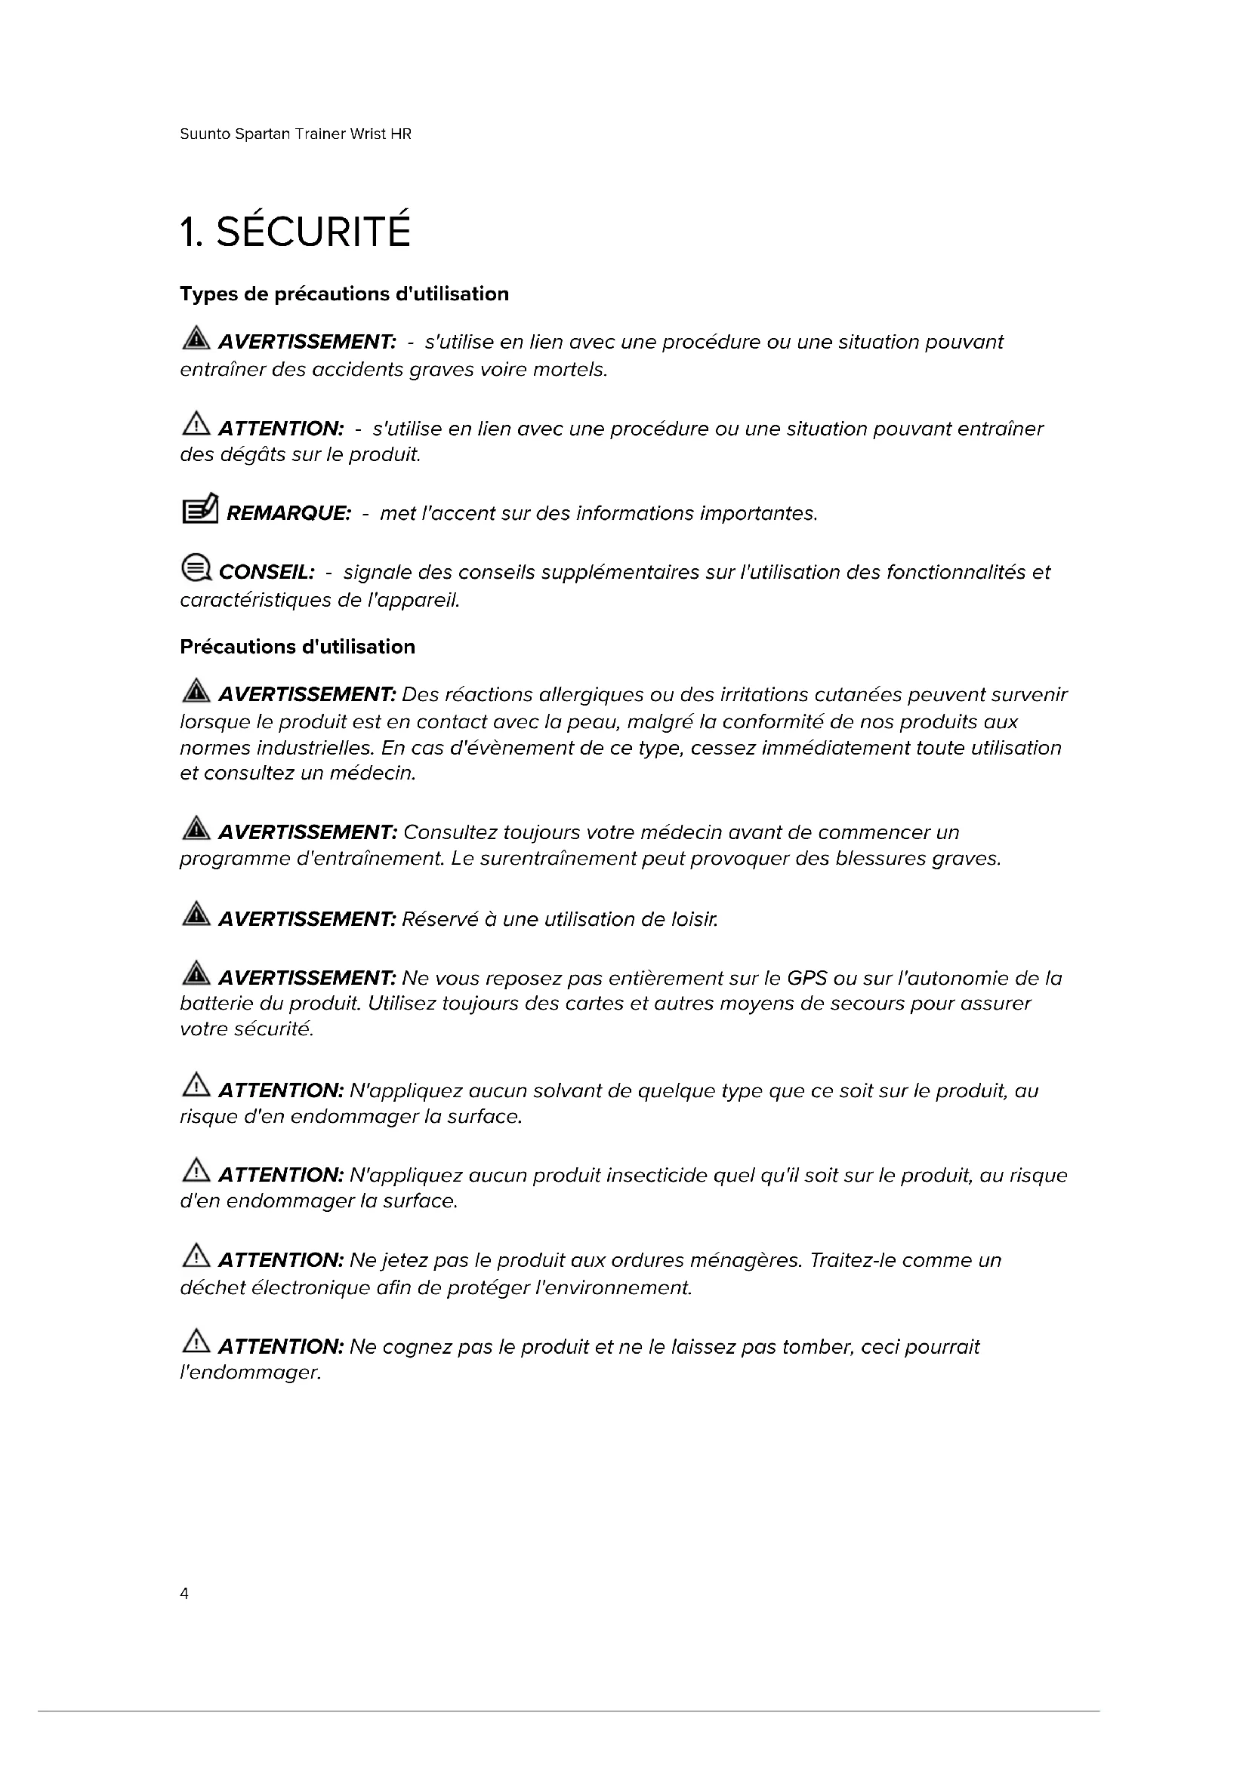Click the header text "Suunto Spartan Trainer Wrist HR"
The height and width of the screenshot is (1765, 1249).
coord(295,134)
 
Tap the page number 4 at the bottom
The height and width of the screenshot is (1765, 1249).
coord(183,1594)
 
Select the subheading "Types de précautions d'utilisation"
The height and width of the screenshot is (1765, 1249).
coord(344,294)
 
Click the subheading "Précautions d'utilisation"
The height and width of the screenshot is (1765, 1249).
coord(297,647)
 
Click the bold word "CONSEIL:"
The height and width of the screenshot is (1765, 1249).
coord(266,572)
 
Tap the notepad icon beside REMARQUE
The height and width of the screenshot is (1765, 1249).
coord(199,509)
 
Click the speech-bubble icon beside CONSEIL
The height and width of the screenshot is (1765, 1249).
coord(196,569)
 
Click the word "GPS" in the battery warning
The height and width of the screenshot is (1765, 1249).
coord(806,978)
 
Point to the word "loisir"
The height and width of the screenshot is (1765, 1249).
coord(694,919)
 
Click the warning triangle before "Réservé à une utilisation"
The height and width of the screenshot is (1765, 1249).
coord(196,915)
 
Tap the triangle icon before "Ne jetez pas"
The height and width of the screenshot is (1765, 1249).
coord(196,1256)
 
